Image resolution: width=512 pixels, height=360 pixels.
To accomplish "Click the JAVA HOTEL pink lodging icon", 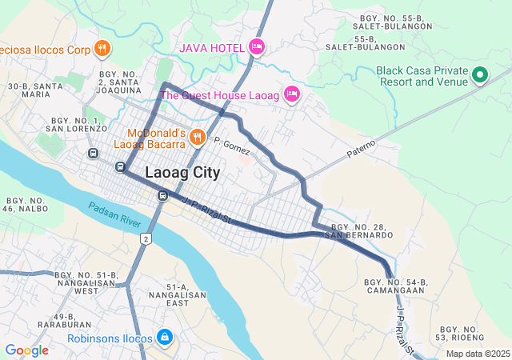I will click(x=256, y=47).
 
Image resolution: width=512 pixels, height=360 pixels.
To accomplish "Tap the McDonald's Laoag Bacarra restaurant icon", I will click(x=196, y=139).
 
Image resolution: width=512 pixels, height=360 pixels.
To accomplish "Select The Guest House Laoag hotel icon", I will click(x=292, y=95).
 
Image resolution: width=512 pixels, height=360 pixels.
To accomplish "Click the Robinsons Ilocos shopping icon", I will click(x=164, y=338).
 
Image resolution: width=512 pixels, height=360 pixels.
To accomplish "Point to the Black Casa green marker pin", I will click(x=480, y=75).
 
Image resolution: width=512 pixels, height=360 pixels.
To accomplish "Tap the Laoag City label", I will click(x=182, y=172).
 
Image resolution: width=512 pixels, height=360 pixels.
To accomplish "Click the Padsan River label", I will click(x=114, y=210).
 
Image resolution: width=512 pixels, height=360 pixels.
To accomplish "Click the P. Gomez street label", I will click(x=232, y=146).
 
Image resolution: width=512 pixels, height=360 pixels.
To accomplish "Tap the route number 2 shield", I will click(x=146, y=239).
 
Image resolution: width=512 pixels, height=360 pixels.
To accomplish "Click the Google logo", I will click(x=26, y=350).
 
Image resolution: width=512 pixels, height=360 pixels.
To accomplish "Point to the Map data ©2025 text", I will click(x=478, y=354).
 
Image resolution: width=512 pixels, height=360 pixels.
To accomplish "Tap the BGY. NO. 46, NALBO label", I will click(x=26, y=204).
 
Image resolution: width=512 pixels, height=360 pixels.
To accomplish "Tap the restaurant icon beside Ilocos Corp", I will click(x=102, y=49).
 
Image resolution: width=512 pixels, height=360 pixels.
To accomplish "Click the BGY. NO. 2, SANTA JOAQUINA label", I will click(x=119, y=82).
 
